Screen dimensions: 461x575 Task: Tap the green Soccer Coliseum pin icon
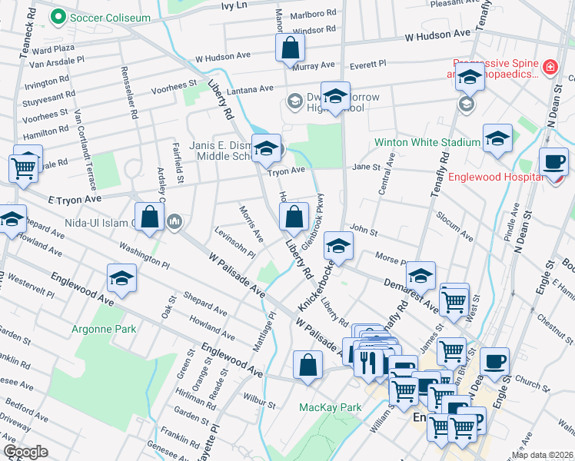tap(58, 16)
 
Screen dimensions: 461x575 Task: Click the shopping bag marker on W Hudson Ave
tap(290, 48)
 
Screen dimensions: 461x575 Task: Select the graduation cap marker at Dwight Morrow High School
tap(335, 97)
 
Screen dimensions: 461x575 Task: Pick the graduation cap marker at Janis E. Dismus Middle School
tap(266, 149)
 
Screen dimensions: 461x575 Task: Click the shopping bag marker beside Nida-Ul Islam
tap(149, 218)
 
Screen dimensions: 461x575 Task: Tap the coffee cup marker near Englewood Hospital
tap(553, 161)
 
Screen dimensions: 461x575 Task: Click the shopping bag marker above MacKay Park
tap(307, 366)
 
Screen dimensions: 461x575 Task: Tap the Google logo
tap(25, 452)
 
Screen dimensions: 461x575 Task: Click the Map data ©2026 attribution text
tap(543, 455)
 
